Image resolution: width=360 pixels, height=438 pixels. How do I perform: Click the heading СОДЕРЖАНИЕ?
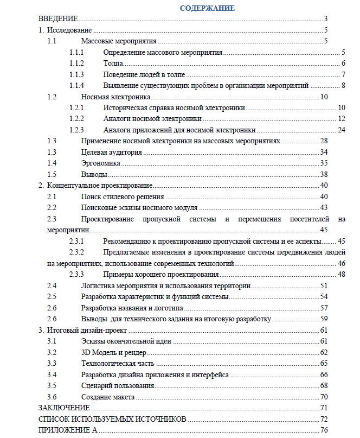[207, 8]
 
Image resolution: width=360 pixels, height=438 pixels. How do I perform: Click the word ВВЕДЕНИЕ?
[59, 19]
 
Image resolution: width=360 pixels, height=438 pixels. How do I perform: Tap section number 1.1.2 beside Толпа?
[77, 64]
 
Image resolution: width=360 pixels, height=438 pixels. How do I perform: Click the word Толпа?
[113, 64]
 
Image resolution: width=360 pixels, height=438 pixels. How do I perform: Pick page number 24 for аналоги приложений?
[341, 130]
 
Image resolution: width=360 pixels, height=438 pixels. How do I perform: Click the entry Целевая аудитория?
[112, 152]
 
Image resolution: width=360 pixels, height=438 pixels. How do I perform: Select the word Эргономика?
[101, 163]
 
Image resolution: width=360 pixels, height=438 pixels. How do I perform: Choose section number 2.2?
[52, 208]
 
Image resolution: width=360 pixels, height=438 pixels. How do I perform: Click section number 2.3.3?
[77, 274]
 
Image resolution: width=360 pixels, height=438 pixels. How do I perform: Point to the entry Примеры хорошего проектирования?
[157, 274]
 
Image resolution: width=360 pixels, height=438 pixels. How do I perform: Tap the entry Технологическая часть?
[118, 363]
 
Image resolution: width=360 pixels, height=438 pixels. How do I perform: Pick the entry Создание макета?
[108, 397]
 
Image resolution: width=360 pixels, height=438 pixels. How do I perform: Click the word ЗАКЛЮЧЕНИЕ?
[64, 408]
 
